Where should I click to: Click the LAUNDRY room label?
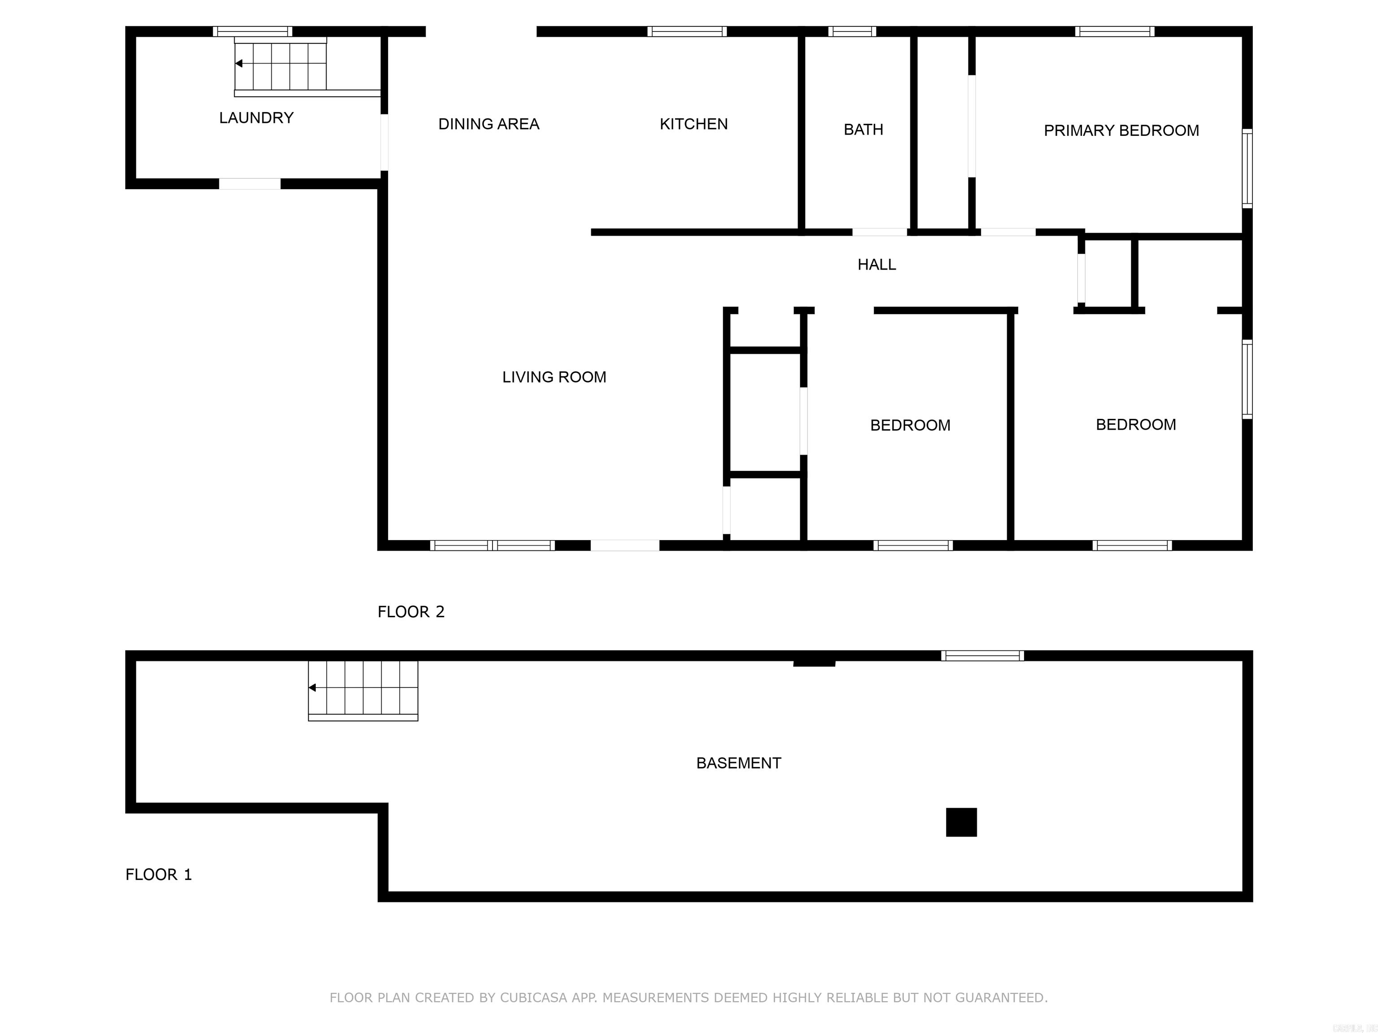pyautogui.click(x=256, y=118)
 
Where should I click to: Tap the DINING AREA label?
pyautogui.click(x=488, y=124)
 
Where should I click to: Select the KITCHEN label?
pyautogui.click(x=693, y=124)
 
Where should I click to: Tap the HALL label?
pyautogui.click(x=877, y=265)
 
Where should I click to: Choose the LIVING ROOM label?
pyautogui.click(x=554, y=377)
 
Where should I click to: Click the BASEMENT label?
pyautogui.click(x=738, y=763)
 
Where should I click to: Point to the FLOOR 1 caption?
pyautogui.click(x=158, y=875)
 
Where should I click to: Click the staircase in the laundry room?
pyautogui.click(x=280, y=64)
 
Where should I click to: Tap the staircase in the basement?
pyautogui.click(x=363, y=689)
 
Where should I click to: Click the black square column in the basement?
pyautogui.click(x=961, y=823)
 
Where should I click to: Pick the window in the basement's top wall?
pyautogui.click(x=982, y=655)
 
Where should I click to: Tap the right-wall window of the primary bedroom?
pyautogui.click(x=1247, y=168)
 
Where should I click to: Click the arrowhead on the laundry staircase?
pyautogui.click(x=239, y=64)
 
